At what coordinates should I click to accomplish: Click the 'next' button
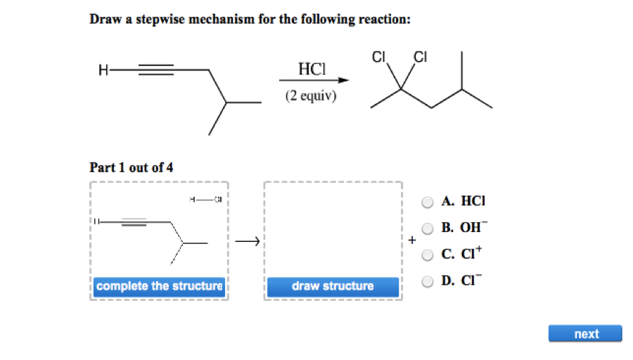point(585,334)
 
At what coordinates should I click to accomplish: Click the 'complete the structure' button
point(159,286)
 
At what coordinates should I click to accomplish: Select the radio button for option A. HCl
point(428,202)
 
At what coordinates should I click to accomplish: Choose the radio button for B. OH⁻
point(428,229)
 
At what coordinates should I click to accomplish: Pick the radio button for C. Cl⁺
point(428,255)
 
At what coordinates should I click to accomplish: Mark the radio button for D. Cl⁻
point(428,281)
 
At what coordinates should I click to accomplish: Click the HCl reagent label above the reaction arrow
point(312,69)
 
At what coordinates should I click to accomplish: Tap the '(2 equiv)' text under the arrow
point(311,96)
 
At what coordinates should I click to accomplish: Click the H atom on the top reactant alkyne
point(103,70)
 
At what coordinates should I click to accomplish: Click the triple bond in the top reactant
point(156,70)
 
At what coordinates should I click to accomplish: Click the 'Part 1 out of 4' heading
point(131,167)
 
